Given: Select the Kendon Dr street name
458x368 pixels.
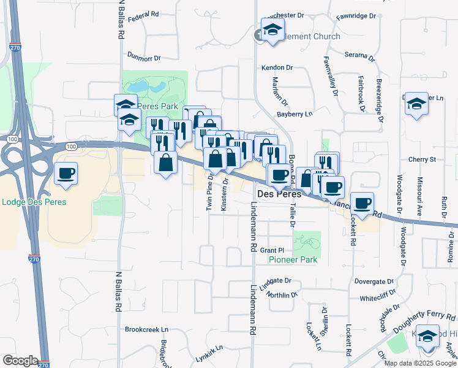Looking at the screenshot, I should [x=277, y=67].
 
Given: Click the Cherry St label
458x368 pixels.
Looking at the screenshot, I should [x=421, y=159].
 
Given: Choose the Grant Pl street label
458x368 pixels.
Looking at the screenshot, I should [x=272, y=250].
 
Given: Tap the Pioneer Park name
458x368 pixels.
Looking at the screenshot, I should [x=293, y=259].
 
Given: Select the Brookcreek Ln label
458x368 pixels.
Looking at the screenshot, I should [x=146, y=329].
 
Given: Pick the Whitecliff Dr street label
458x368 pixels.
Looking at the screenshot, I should [x=380, y=298].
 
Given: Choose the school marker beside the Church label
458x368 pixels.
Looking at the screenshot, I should [x=272, y=29].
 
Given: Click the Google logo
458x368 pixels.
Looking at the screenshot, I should [x=20, y=361].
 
